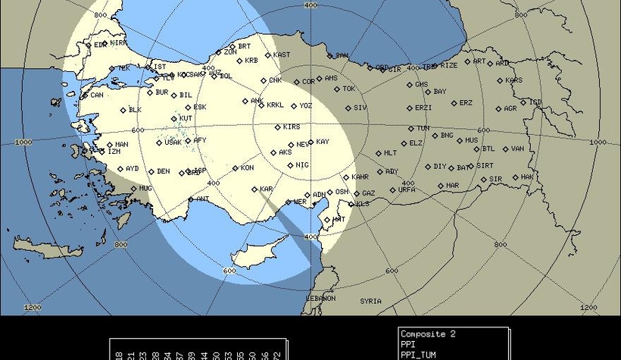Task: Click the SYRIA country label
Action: point(370,301)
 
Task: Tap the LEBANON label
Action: point(320,298)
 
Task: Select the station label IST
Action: point(160,67)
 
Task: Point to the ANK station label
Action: point(257,101)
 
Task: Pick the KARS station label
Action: point(513,80)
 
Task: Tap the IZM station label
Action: point(114,151)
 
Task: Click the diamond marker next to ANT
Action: point(191,199)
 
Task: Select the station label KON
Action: point(247,167)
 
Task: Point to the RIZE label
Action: point(449,65)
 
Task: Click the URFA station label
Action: point(407,189)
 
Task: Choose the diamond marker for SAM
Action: point(330,55)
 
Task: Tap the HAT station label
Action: point(339,219)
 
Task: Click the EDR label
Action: point(100,45)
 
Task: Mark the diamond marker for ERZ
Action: point(454,103)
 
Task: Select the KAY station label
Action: point(323,142)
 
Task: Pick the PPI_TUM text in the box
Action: point(419,354)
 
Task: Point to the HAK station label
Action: point(527,177)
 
